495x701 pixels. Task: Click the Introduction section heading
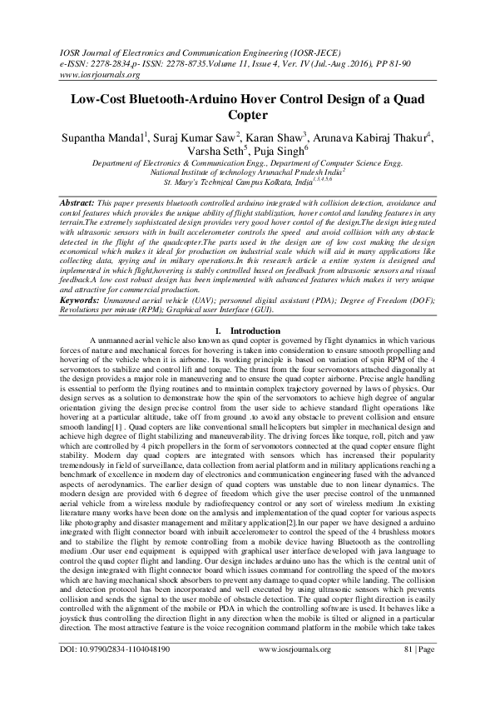tap(254, 331)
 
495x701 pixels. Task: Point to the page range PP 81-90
tap(412, 62)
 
